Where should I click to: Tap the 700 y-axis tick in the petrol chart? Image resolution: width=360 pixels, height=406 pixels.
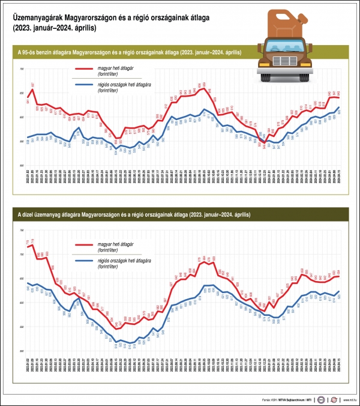click(x=22, y=69)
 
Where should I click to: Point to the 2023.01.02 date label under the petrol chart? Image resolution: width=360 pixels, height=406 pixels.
click(x=28, y=178)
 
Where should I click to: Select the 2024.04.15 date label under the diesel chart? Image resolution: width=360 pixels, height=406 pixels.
click(x=340, y=365)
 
